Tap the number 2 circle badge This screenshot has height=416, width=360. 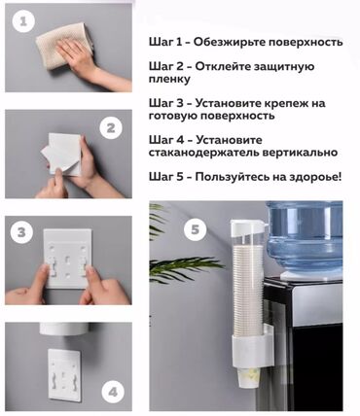click(113, 126)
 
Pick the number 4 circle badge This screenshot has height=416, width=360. click(113, 392)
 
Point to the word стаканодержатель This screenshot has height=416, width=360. click(205, 153)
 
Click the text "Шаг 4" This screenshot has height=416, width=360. click(167, 138)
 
